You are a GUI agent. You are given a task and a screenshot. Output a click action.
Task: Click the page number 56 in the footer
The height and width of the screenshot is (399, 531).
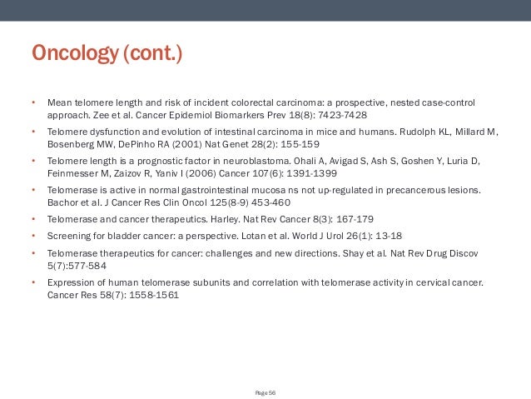tap(272, 392)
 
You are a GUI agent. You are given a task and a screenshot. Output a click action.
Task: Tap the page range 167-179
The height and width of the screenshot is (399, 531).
tap(339, 222)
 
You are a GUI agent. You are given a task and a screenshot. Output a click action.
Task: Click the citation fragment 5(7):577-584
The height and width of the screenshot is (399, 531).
tap(77, 267)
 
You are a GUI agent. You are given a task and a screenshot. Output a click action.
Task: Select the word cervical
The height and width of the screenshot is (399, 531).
tap(434, 282)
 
